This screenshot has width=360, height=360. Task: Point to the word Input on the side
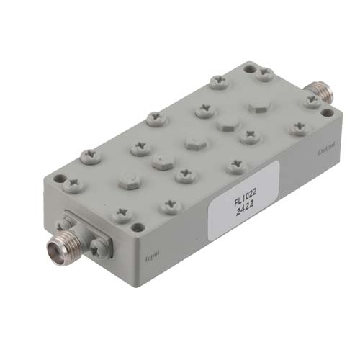point(152,254)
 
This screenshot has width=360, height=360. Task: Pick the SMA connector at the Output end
point(318,91)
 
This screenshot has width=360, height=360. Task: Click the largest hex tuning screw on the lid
point(259,106)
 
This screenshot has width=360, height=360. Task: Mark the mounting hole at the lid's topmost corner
point(248,70)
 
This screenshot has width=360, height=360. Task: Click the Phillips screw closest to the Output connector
point(311,103)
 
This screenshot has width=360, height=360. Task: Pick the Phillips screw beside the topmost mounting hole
point(266,73)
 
